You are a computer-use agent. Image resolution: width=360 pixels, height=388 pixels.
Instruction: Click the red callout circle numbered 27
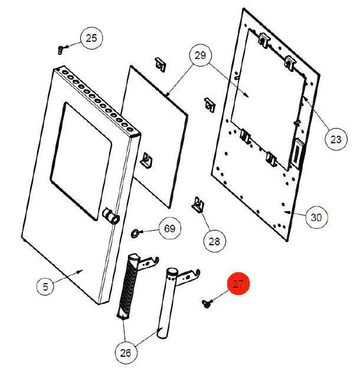click(x=238, y=284)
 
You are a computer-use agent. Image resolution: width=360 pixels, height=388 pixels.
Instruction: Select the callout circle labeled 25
click(x=91, y=38)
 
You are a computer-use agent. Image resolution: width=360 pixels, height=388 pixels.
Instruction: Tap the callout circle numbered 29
click(x=200, y=55)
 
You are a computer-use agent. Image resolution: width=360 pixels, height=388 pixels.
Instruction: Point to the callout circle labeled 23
click(x=336, y=139)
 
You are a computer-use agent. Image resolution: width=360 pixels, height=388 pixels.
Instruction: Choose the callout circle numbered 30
click(x=316, y=218)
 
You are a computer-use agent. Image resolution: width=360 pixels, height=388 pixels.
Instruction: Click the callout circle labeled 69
click(x=170, y=228)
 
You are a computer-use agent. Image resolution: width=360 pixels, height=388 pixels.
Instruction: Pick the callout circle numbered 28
click(x=214, y=241)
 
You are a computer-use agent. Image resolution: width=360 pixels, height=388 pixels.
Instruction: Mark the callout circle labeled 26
click(x=126, y=353)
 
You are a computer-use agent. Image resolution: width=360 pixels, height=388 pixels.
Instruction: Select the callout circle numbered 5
click(x=45, y=287)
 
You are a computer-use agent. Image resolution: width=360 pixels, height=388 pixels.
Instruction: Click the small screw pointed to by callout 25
click(x=60, y=50)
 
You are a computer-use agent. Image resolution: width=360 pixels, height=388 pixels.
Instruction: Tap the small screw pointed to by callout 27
click(x=206, y=303)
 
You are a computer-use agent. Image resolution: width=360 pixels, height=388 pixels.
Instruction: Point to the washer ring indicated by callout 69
click(x=135, y=233)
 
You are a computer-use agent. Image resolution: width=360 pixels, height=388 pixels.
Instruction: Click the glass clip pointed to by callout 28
click(x=198, y=205)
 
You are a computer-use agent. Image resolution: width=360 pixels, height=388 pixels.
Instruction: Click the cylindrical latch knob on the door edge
click(x=111, y=216)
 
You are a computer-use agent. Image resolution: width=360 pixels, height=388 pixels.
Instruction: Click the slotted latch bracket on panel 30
click(x=297, y=153)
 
